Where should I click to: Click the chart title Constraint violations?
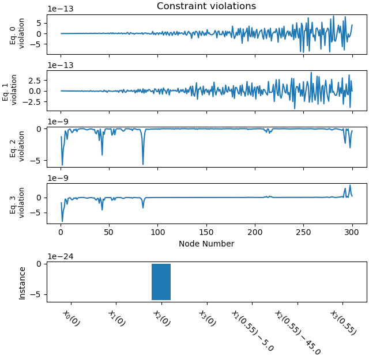tap(206, 6)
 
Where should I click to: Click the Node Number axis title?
tap(206, 244)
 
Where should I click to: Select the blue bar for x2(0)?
tap(161, 282)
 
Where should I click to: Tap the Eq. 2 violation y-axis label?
tap(18, 146)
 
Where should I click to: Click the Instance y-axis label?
tap(22, 283)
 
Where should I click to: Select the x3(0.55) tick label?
tap(343, 322)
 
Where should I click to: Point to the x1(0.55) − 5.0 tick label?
tap(252, 330)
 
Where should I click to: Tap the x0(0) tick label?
tap(71, 317)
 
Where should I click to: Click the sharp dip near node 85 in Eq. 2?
tap(143, 164)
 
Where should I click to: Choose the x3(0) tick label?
tap(207, 317)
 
